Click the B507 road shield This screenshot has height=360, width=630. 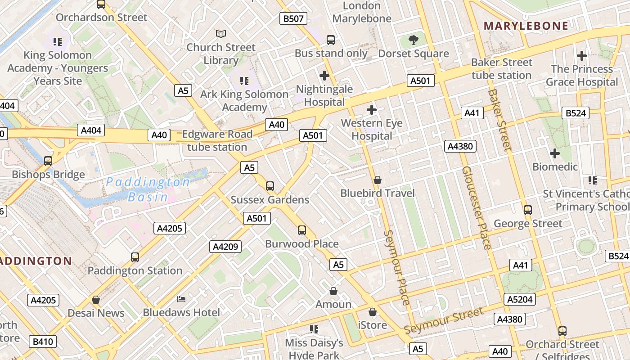(x=293, y=18)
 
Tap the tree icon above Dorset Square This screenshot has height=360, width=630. (x=414, y=40)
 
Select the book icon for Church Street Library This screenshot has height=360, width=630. (x=220, y=34)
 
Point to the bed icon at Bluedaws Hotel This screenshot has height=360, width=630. (x=181, y=299)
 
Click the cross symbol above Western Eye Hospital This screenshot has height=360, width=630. (x=372, y=109)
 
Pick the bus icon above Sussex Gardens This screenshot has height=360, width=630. (x=270, y=186)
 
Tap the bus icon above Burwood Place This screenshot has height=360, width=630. (x=302, y=230)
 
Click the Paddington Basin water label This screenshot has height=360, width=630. (x=148, y=189)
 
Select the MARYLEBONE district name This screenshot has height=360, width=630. (x=526, y=26)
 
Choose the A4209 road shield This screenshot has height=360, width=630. (x=225, y=247)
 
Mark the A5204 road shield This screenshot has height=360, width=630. (x=520, y=299)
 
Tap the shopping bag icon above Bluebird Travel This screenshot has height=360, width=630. (x=378, y=180)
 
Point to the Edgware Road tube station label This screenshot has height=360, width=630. (x=217, y=141)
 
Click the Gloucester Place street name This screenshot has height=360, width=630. (x=476, y=208)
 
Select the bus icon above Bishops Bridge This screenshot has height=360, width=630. (x=48, y=161)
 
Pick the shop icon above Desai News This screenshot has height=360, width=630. (x=96, y=299)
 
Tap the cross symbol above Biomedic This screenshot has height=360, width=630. (x=555, y=153)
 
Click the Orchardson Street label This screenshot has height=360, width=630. (x=101, y=18)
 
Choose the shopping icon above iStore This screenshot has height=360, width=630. (x=373, y=311)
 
